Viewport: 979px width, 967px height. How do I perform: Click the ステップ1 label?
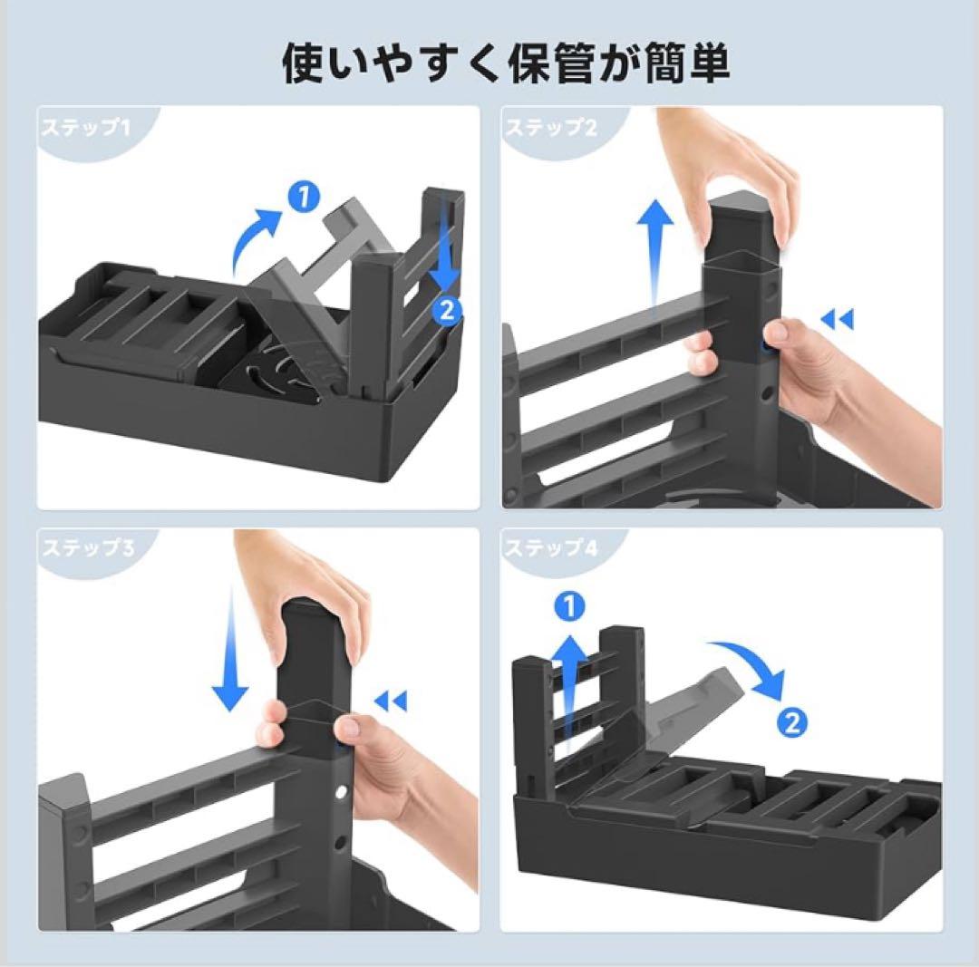click(85, 129)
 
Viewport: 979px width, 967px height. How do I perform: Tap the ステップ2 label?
click(551, 128)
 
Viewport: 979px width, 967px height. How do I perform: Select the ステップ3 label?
click(88, 548)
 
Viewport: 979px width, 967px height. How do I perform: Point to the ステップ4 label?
click(551, 548)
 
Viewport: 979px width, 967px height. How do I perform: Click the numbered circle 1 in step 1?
click(304, 197)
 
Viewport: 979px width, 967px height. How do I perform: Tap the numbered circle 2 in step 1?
click(447, 310)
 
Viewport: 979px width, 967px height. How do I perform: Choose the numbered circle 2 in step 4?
click(792, 723)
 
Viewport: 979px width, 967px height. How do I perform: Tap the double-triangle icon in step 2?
click(837, 321)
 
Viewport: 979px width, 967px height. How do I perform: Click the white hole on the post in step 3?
click(341, 794)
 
